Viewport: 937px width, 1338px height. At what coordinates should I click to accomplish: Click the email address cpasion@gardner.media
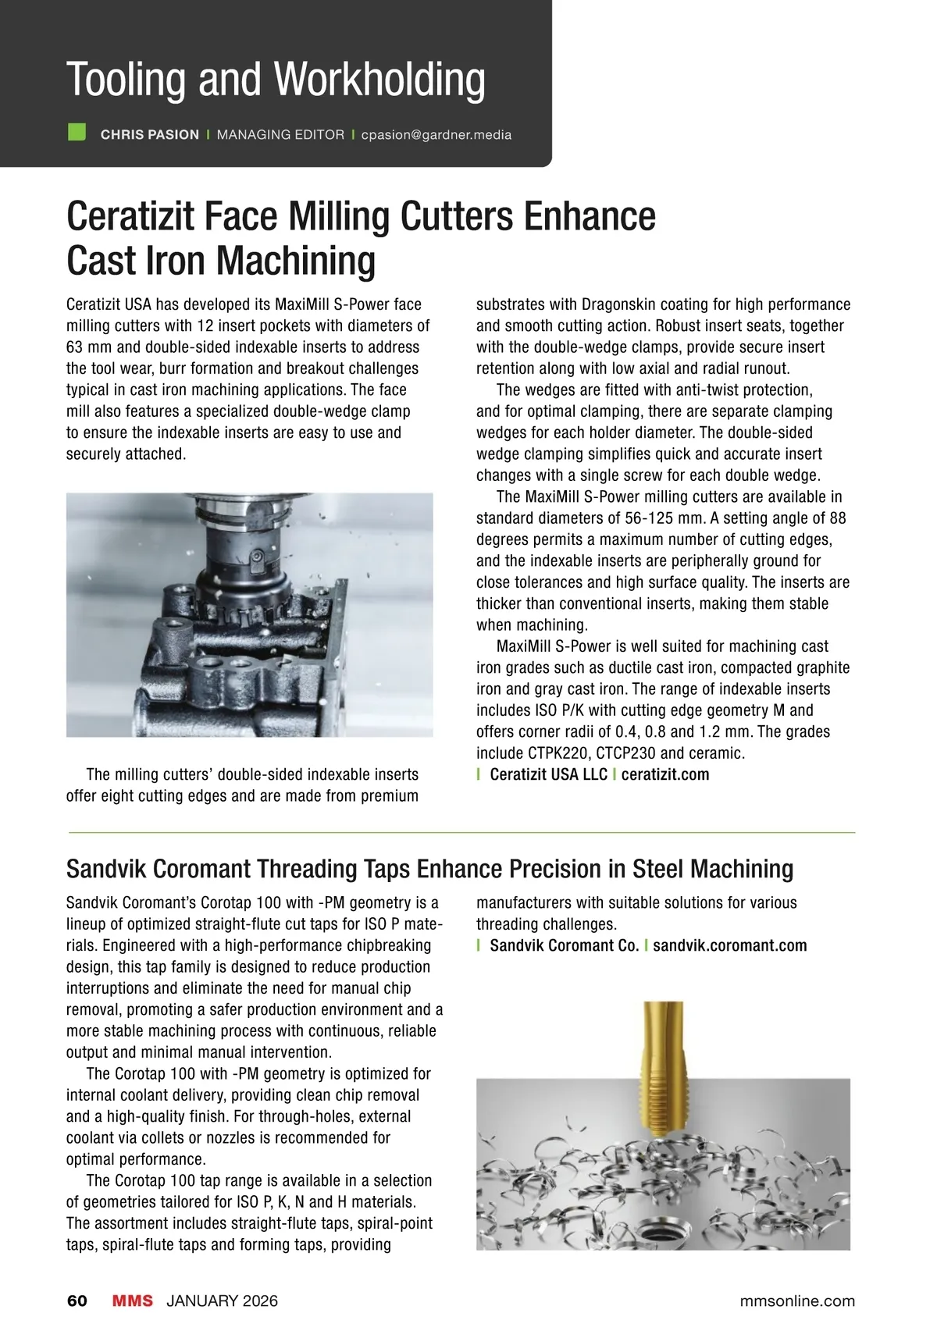tap(436, 135)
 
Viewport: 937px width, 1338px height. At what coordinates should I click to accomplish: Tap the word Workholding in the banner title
tap(379, 80)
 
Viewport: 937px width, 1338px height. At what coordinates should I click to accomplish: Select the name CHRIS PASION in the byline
tap(150, 135)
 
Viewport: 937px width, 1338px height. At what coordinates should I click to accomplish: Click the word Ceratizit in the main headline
tap(130, 216)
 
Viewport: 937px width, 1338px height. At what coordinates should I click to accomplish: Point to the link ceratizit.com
tap(665, 775)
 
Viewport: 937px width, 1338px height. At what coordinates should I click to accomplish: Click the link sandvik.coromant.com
tap(729, 946)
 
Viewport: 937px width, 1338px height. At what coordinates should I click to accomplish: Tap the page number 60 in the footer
tap(77, 1301)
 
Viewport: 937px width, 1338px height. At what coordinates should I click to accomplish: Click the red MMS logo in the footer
tap(133, 1301)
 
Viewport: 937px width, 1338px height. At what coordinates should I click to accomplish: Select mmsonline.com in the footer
tap(797, 1301)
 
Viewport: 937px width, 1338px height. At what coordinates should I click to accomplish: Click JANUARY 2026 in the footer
tap(222, 1301)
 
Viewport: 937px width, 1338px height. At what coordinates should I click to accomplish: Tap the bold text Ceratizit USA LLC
tap(548, 775)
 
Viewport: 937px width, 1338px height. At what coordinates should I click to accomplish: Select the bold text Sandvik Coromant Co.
tap(564, 946)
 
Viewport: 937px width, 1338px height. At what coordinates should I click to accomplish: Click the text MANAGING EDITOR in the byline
tap(280, 135)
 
